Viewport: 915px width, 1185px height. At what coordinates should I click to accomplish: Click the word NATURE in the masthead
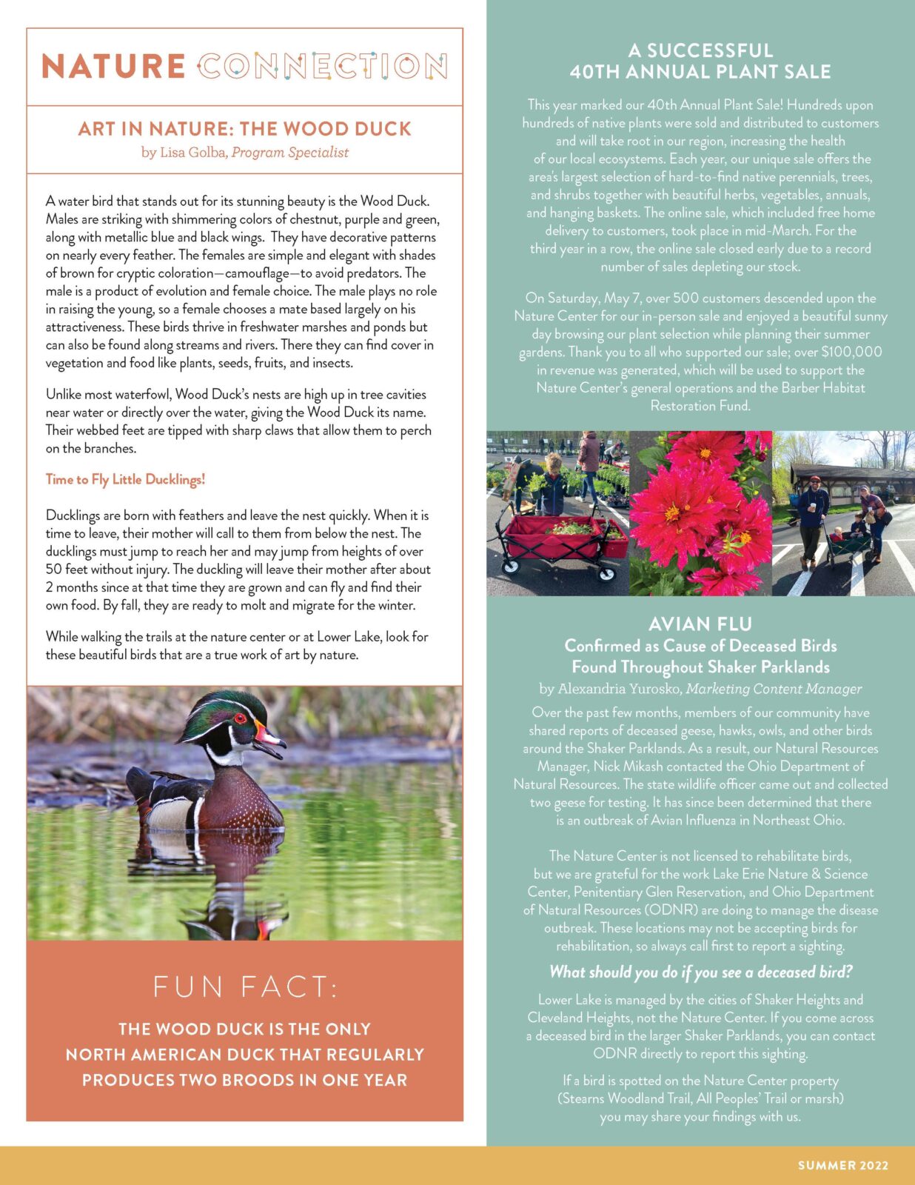113,66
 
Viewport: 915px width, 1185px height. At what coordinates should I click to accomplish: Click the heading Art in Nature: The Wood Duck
244,129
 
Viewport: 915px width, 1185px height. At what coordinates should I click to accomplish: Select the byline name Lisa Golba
193,153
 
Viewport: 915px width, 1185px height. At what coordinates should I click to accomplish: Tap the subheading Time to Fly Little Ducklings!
125,479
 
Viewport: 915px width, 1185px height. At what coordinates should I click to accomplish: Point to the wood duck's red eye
239,718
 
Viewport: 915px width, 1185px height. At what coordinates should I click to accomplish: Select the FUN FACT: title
245,987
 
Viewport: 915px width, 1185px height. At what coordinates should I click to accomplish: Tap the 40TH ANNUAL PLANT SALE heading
700,72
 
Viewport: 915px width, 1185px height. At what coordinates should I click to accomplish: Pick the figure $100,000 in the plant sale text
851,352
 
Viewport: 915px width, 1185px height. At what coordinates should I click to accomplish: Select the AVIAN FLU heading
700,624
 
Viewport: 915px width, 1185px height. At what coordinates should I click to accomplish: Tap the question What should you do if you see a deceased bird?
700,972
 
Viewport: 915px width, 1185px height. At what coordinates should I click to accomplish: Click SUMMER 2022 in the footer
842,1165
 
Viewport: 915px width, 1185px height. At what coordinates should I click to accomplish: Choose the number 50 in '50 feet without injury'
54,570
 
